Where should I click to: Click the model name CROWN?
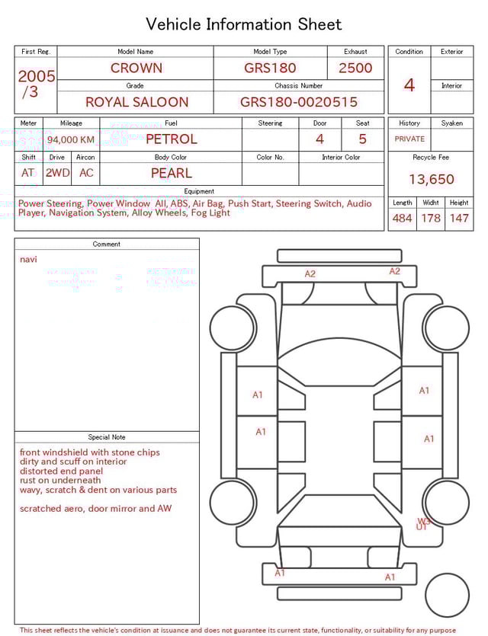136,68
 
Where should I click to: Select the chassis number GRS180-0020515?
298,102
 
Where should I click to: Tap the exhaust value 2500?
355,68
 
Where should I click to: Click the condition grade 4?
409,85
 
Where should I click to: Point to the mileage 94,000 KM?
71,139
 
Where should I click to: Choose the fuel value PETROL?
171,139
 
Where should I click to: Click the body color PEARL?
171,173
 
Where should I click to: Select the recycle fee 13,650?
431,180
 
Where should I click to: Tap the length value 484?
402,219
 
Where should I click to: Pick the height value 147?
459,219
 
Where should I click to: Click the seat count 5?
362,139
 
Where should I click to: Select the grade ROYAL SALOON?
136,102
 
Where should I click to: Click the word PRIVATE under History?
409,139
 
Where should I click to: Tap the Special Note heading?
107,437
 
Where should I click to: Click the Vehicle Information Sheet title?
244,24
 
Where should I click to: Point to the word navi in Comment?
28,260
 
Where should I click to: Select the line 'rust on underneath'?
60,481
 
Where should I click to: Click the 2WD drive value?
57,173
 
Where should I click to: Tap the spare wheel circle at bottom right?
448,596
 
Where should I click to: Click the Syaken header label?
452,123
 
